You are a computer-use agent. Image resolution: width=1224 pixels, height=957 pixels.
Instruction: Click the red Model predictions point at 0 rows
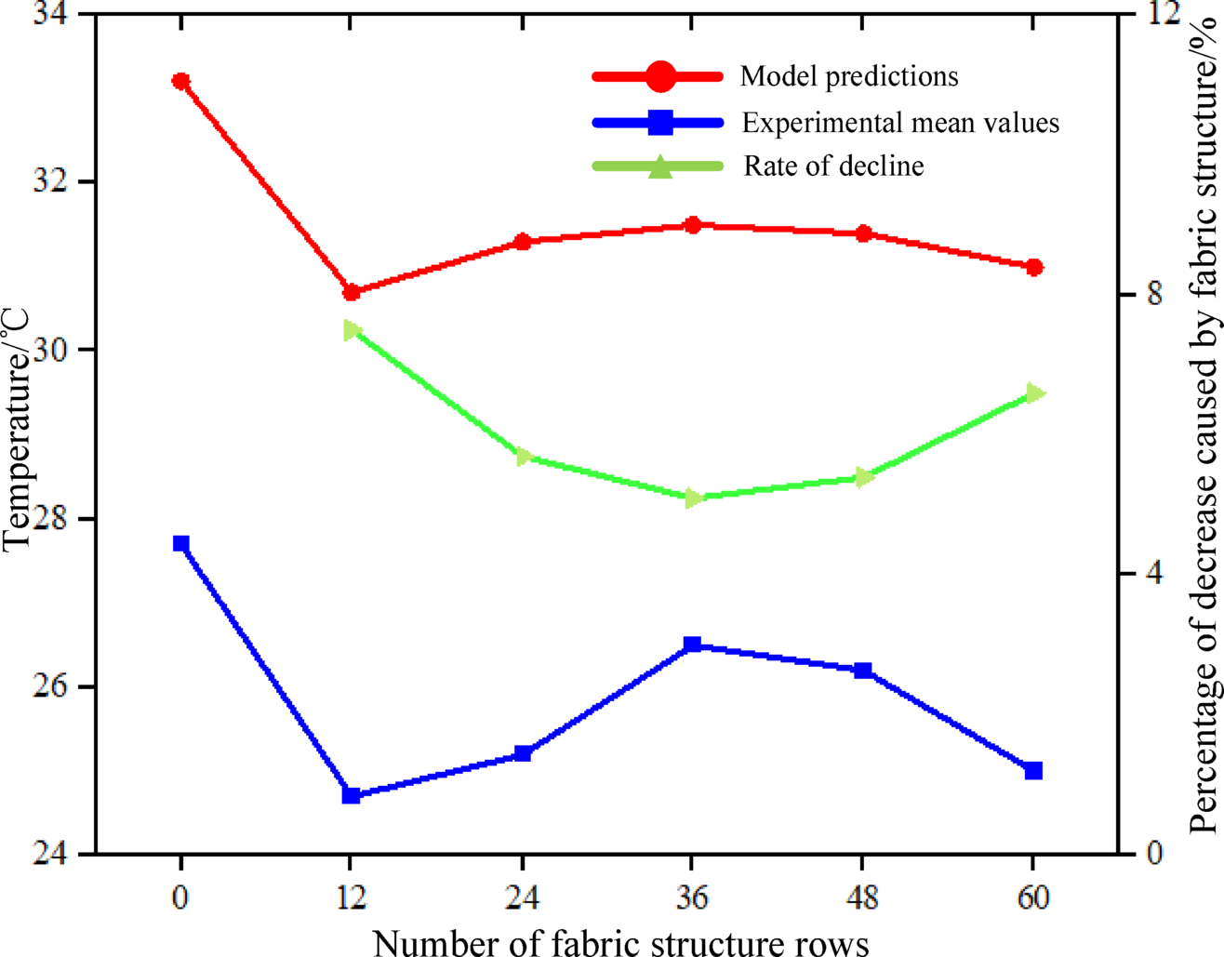point(180,82)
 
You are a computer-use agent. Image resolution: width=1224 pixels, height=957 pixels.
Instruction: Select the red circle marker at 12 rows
point(351,292)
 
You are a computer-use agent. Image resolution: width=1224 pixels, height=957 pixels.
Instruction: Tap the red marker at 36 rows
point(692,225)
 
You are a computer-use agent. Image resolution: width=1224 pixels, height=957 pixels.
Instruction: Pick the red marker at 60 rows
point(1033,268)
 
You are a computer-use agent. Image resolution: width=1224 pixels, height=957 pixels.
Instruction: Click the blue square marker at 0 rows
point(180,544)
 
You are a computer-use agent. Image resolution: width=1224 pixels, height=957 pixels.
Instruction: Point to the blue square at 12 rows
point(351,795)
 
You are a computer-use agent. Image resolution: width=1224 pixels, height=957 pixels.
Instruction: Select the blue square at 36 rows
point(692,645)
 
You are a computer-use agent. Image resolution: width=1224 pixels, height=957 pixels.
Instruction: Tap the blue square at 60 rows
point(1033,771)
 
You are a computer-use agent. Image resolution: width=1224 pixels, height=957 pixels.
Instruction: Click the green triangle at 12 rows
point(352,330)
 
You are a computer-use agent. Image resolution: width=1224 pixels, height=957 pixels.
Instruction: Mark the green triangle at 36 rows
point(692,498)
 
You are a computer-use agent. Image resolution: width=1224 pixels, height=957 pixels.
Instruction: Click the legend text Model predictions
point(849,76)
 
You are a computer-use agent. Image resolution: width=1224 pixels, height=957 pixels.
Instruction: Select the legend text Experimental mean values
point(900,123)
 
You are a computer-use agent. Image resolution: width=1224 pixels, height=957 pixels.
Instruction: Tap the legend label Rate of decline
point(833,166)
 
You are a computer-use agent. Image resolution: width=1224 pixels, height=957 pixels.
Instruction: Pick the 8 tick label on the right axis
point(1155,295)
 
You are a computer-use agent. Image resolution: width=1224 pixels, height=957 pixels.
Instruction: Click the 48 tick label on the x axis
point(863,897)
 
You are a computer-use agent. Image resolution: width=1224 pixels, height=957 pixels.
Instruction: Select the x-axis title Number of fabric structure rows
point(621,941)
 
